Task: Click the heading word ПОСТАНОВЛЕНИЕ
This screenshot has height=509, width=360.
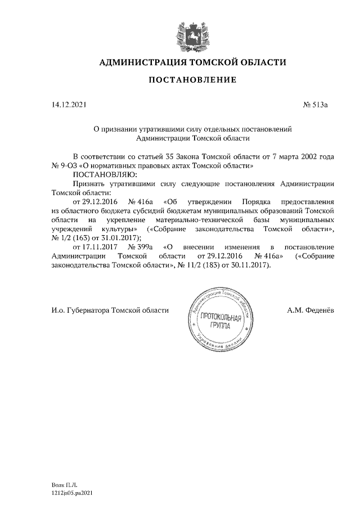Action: [x=192, y=80]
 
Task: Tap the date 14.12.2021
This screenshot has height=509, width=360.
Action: [x=67, y=105]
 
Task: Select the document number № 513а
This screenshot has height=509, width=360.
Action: [x=315, y=105]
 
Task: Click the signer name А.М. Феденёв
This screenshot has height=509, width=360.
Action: [x=311, y=310]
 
